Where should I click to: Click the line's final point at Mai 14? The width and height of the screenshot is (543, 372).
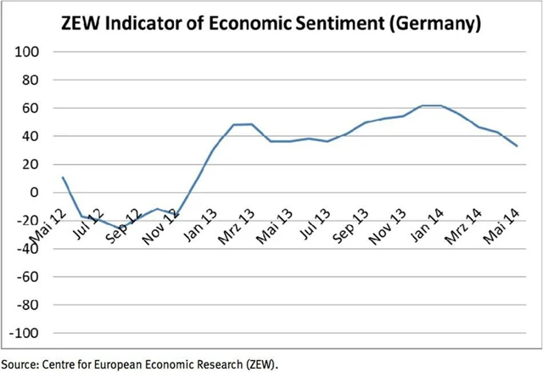tap(518, 146)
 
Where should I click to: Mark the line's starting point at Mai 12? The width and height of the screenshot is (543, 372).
tap(63, 178)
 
